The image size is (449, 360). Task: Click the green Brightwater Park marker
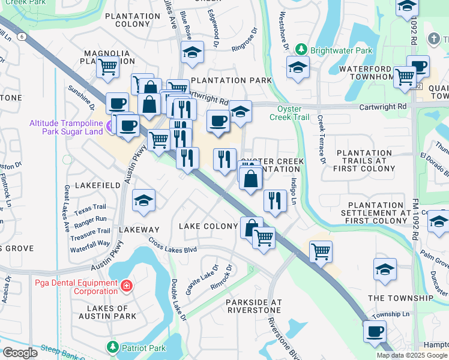(x=304, y=51)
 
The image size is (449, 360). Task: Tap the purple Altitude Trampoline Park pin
(x=109, y=127)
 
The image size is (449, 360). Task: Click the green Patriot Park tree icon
(x=112, y=347)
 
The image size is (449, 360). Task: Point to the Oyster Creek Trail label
(x=292, y=113)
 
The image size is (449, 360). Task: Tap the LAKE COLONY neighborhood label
(x=209, y=226)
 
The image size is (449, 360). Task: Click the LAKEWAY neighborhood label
(x=139, y=230)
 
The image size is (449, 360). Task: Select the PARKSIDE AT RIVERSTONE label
(x=253, y=306)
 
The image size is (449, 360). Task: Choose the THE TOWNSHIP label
(x=400, y=298)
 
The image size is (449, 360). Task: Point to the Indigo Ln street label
(x=294, y=192)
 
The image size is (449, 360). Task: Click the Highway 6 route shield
(x=22, y=37)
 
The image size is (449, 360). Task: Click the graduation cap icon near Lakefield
(x=144, y=200)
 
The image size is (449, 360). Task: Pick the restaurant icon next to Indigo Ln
(x=275, y=200)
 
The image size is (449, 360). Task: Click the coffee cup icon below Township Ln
(x=375, y=331)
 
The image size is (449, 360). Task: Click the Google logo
(x=20, y=353)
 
